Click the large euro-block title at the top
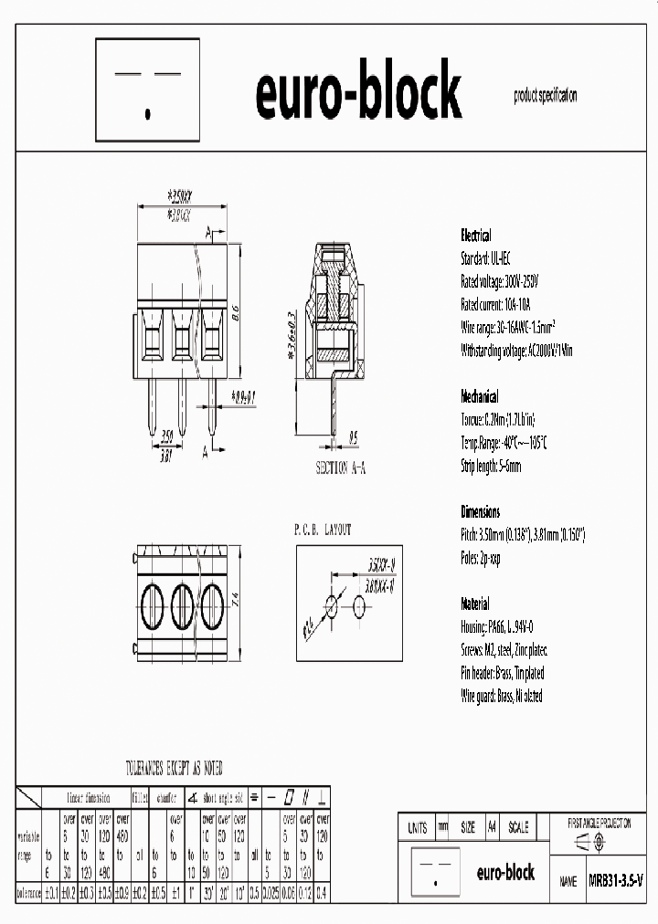[x=358, y=93]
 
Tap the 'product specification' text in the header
[x=545, y=95]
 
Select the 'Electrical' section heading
[x=475, y=235]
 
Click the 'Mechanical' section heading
[x=479, y=397]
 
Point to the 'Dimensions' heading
[x=480, y=511]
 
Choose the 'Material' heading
[x=474, y=604]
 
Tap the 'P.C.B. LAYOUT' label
[x=322, y=530]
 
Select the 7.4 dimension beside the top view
[x=235, y=601]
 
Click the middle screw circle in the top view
[x=182, y=603]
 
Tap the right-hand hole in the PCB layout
[x=356, y=606]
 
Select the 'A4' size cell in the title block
[x=492, y=828]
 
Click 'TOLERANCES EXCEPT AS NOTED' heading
[x=174, y=769]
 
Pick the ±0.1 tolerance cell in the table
[x=51, y=891]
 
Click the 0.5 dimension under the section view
[x=353, y=436]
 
